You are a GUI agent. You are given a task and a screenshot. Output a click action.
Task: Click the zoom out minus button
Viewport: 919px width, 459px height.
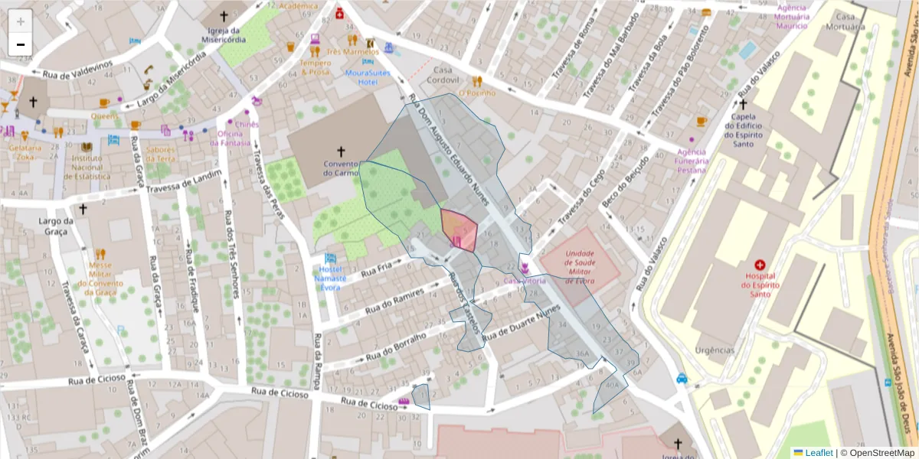pyautogui.click(x=21, y=44)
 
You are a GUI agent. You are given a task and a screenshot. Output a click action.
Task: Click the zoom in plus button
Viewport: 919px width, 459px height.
pyautogui.click(x=21, y=21)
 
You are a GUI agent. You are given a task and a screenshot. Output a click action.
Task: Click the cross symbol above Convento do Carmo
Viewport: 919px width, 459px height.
pyautogui.click(x=341, y=152)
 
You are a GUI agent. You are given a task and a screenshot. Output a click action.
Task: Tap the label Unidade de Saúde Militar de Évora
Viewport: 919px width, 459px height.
pyautogui.click(x=580, y=267)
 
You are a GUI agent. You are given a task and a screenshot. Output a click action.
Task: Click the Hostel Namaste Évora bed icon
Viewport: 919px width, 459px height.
pyautogui.click(x=330, y=259)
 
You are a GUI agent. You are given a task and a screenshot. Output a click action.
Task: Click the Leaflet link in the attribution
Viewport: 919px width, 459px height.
pyautogui.click(x=818, y=453)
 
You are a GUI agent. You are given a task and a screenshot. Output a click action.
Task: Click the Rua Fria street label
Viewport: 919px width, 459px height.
pyautogui.click(x=376, y=268)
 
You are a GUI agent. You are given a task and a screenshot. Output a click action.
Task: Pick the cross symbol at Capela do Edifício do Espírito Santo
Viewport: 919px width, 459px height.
pyautogui.click(x=742, y=104)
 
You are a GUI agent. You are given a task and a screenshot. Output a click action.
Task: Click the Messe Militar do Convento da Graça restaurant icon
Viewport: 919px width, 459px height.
pyautogui.click(x=100, y=253)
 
